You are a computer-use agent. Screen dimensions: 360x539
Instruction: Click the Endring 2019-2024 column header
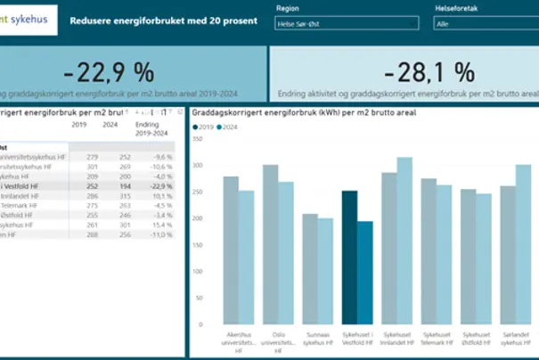point(147,130)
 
